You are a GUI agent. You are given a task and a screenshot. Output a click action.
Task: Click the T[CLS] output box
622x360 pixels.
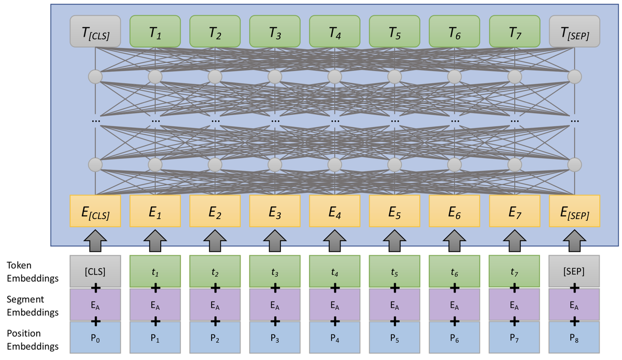95,32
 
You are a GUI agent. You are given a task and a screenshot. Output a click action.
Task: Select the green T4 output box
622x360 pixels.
334,32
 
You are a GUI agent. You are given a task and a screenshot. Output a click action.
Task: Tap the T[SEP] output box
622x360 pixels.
574,32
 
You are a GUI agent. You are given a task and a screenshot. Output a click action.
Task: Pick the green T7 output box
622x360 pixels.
514,32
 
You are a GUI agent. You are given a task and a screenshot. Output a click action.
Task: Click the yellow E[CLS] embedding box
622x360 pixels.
95,211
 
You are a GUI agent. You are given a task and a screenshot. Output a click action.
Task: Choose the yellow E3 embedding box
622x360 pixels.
275,211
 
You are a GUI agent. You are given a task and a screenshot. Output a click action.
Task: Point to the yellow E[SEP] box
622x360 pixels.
574,211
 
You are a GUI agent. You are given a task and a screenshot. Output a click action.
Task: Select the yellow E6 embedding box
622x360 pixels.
454,211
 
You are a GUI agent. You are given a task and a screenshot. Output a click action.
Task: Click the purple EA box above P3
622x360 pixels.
275,304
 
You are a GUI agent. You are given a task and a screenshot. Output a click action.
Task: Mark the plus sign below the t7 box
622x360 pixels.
514,287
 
